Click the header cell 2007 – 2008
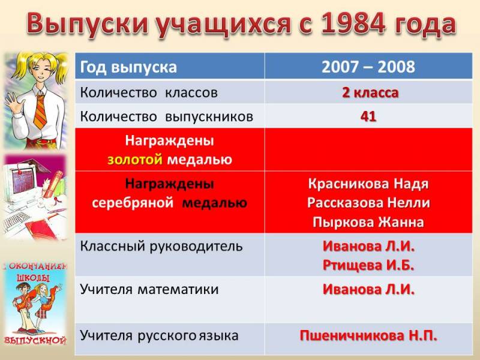[x=368, y=67]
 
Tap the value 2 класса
[x=370, y=92]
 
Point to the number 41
[x=368, y=116]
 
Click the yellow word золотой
[x=134, y=160]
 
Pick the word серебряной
[x=133, y=203]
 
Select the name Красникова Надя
[x=368, y=184]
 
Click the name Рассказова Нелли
[x=368, y=203]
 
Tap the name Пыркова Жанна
[x=368, y=222]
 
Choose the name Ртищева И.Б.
[x=368, y=265]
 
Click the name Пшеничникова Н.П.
[x=368, y=335]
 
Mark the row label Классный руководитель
[x=161, y=247]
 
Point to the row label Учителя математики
[x=149, y=289]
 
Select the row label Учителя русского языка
[x=159, y=335]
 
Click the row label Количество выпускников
[x=167, y=117]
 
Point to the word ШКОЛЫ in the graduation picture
[x=33, y=278]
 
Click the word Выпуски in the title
[x=88, y=24]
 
